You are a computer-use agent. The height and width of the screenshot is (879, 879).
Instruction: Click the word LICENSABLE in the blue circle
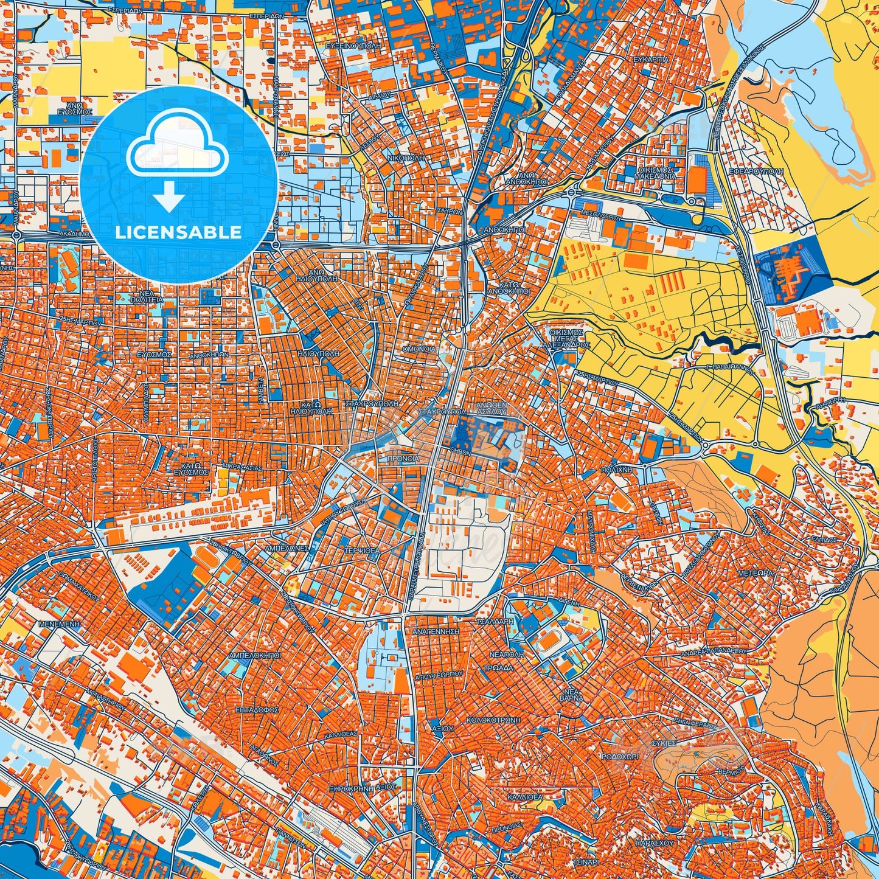(178, 232)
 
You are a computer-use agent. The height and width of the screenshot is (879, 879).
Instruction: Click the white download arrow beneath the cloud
(170, 198)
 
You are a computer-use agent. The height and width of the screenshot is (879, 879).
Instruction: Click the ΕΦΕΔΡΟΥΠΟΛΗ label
(759, 172)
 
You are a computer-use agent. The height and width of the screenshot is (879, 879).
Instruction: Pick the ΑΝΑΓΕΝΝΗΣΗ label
(436, 631)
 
